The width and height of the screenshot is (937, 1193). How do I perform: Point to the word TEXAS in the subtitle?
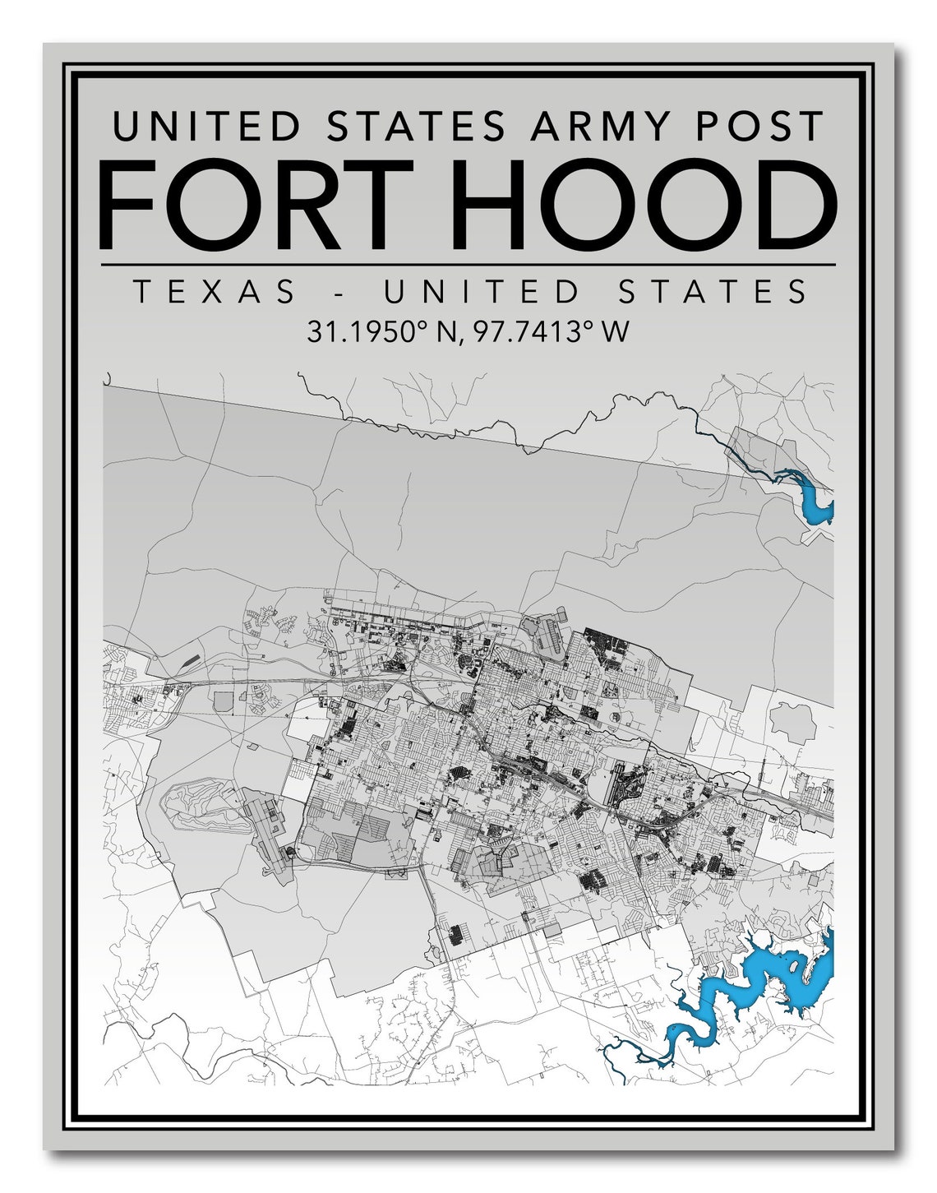[x=215, y=292]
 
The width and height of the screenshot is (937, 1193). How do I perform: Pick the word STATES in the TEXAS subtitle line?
[x=713, y=292]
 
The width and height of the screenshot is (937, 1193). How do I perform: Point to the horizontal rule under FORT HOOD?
[x=468, y=265]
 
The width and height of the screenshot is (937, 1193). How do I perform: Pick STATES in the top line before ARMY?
[x=416, y=127]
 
